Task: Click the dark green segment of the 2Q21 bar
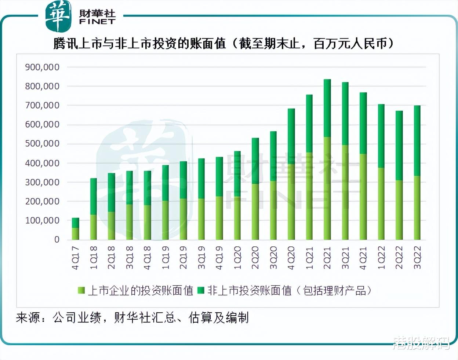(327, 108)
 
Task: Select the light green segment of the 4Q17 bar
(75, 234)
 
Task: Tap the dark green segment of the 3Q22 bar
(417, 140)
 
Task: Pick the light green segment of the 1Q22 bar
(381, 203)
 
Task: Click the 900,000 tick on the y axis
(42, 67)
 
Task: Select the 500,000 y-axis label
(42, 144)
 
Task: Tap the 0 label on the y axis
(57, 239)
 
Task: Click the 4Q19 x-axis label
(219, 258)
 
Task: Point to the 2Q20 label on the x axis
(255, 258)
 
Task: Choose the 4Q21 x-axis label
(363, 258)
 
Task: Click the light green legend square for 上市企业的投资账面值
(81, 291)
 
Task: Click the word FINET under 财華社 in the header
(97, 22)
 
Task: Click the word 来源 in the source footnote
(28, 317)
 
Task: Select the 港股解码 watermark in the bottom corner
(421, 343)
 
